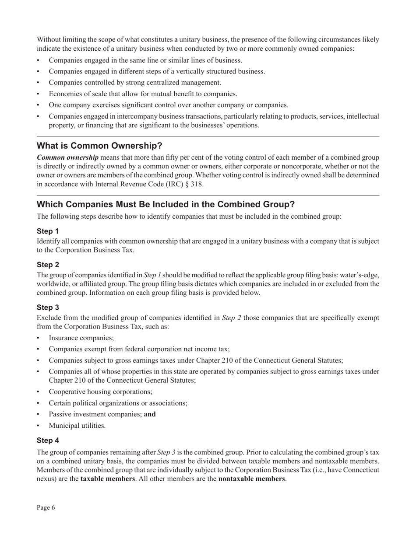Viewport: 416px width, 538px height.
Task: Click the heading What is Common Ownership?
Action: coord(99,146)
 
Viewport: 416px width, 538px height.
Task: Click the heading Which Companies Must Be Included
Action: coord(166,205)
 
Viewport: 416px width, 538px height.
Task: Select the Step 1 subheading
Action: coord(48,231)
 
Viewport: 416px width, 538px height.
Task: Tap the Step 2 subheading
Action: coord(48,265)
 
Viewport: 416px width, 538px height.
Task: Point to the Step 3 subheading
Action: coord(48,307)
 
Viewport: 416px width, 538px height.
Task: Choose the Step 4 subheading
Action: coord(48,440)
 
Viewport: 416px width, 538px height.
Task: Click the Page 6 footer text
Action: coord(46,507)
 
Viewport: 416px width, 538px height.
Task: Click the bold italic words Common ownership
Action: coord(67,157)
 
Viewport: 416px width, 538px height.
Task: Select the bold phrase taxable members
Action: coord(108,479)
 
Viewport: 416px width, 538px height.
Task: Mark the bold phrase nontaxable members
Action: coord(251,479)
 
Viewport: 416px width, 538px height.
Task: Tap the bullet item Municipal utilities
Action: coord(77,425)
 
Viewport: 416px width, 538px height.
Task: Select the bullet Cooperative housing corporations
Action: coord(100,392)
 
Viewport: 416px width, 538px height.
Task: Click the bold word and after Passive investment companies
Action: coord(150,414)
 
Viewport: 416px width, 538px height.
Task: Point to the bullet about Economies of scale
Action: coord(143,94)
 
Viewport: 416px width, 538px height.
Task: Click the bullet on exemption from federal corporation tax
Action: coord(139,349)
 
